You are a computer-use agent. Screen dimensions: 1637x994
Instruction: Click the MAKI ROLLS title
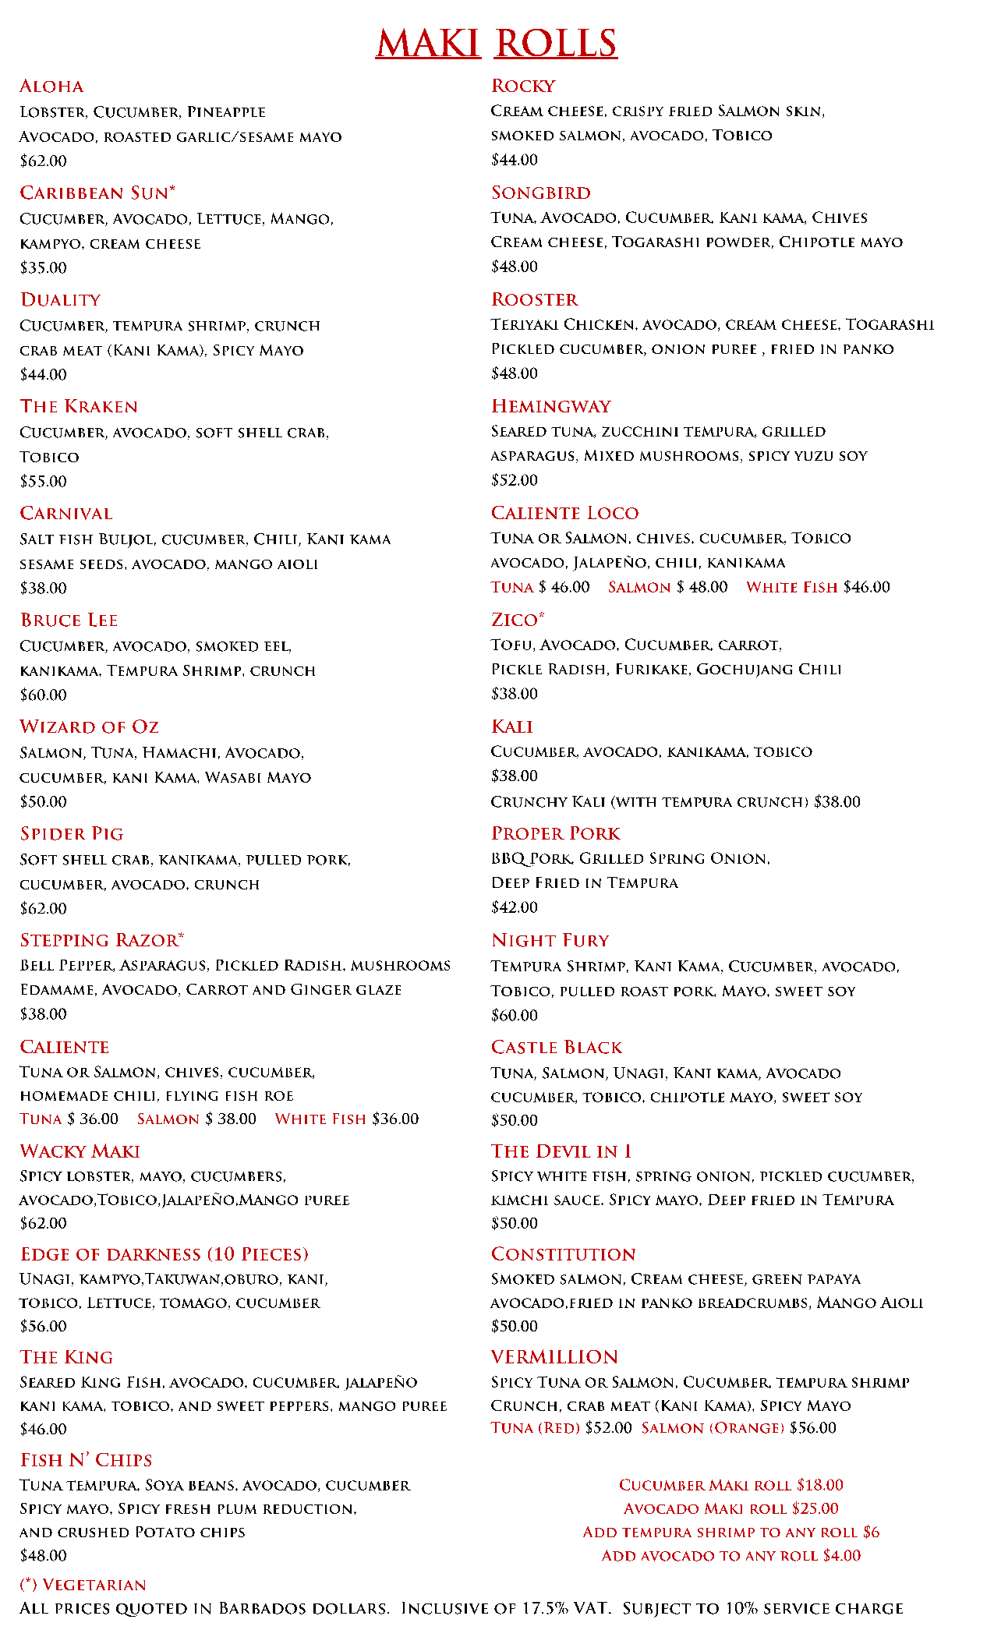tap(497, 43)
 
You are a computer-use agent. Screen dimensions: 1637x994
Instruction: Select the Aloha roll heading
tap(51, 87)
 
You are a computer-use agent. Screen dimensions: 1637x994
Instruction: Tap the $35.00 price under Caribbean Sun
tap(44, 267)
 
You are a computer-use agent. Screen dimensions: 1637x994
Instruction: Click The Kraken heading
tap(79, 407)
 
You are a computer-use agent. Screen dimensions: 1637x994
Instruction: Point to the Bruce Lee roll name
tap(69, 621)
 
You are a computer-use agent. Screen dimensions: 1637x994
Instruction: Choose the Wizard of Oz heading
tap(89, 727)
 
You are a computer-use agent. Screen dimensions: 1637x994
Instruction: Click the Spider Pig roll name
tap(72, 834)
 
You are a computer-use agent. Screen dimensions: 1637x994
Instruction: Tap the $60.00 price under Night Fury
tap(515, 1015)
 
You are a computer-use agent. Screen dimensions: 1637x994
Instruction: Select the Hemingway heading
tap(551, 407)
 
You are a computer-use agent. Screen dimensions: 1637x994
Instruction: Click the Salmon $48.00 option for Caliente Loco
tap(668, 587)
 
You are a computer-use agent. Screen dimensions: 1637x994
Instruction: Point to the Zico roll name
tap(518, 620)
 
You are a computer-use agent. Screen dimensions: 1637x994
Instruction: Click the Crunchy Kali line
tap(675, 802)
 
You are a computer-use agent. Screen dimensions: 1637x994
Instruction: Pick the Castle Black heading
tap(557, 1048)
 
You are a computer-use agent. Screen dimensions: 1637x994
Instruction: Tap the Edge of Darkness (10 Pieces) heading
tap(164, 1254)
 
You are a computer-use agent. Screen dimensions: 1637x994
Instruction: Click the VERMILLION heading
tap(554, 1357)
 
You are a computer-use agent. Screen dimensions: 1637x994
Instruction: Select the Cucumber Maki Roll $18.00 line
tap(731, 1485)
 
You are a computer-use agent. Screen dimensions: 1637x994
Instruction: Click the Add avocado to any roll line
tap(731, 1555)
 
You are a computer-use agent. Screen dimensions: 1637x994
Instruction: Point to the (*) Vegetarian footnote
tap(83, 1585)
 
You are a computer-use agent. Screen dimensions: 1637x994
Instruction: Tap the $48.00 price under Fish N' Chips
tap(44, 1555)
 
